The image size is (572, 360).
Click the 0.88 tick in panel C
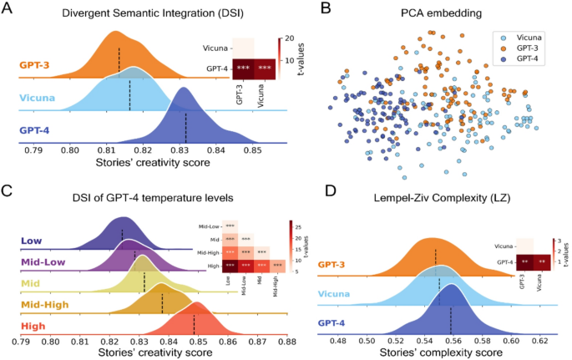(x=286, y=341)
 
